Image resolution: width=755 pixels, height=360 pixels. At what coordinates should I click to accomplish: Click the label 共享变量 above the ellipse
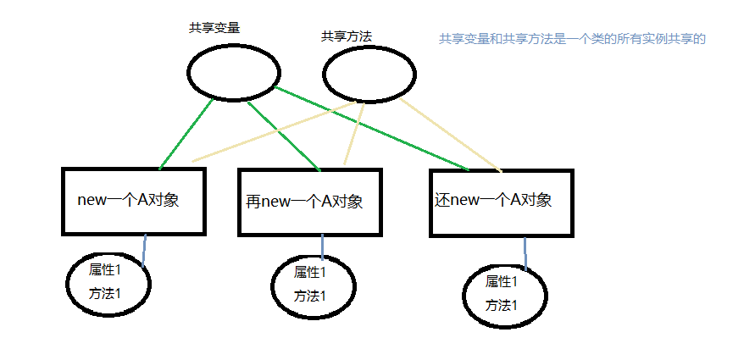click(214, 27)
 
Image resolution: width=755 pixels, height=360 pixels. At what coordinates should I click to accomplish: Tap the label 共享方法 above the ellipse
click(346, 36)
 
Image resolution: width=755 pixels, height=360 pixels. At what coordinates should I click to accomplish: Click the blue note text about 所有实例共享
click(572, 39)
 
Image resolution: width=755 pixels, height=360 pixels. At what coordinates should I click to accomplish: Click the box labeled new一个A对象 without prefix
click(133, 201)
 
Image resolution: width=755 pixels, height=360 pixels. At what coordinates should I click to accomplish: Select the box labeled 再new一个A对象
click(309, 202)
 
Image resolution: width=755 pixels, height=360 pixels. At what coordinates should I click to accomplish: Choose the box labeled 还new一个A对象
click(502, 201)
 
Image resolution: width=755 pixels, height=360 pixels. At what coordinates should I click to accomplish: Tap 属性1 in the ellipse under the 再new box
click(309, 272)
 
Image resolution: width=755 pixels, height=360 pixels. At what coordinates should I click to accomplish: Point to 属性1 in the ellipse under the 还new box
click(501, 281)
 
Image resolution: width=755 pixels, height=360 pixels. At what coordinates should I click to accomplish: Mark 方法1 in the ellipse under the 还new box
click(501, 305)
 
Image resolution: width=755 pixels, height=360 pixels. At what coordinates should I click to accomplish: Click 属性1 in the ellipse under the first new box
click(106, 269)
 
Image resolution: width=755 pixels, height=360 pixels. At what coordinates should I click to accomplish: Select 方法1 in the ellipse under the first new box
click(106, 293)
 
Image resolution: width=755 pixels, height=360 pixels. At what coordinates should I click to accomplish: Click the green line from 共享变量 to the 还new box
click(373, 127)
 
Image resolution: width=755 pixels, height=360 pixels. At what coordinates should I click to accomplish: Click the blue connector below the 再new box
click(323, 246)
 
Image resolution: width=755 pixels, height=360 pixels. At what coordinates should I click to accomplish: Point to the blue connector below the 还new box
click(525, 253)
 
